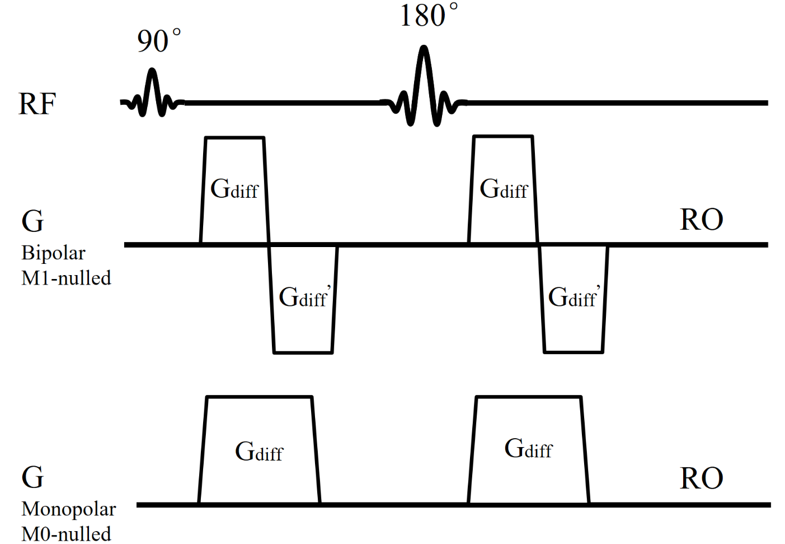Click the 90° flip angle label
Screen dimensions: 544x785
click(158, 41)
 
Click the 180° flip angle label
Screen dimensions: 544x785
click(429, 15)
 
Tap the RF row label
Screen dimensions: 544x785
click(37, 104)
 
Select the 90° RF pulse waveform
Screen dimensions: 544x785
click(153, 94)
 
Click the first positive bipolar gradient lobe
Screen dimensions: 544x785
click(234, 168)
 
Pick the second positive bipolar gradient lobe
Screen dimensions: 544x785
click(503, 168)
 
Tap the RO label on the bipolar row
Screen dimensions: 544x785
click(701, 220)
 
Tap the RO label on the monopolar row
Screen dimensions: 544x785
click(701, 478)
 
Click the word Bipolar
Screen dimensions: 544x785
click(53, 253)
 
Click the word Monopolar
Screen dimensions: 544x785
click(68, 509)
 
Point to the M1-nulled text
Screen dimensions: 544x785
click(66, 278)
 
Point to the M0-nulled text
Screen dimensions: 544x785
click(66, 533)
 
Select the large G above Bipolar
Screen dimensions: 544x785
click(32, 221)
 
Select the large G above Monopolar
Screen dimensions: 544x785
click(32, 477)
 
